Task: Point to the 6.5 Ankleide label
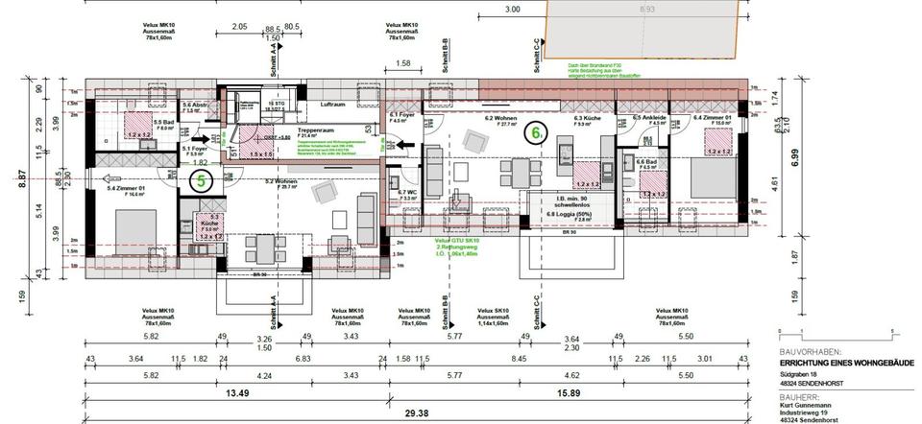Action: (x=650, y=119)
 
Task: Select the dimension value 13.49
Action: (x=234, y=392)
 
